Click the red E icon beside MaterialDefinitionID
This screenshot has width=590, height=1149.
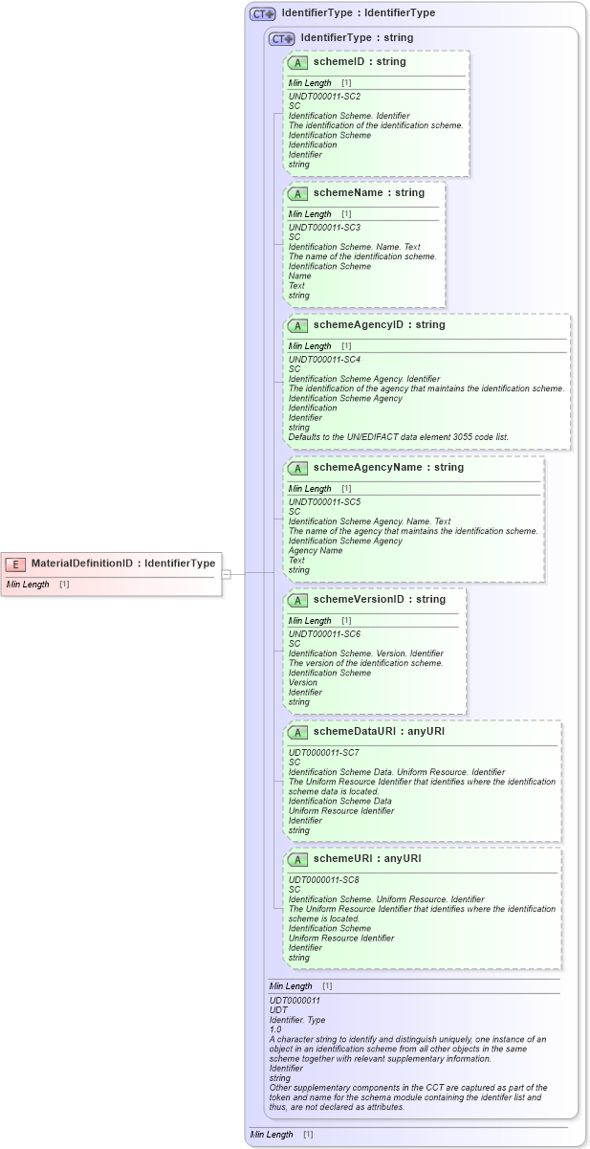coord(15,563)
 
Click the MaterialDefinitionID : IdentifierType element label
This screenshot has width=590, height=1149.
coord(123,563)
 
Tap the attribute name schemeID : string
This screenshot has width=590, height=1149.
coord(359,61)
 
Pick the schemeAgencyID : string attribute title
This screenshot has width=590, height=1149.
coord(379,324)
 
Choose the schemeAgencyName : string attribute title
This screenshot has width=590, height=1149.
coord(388,467)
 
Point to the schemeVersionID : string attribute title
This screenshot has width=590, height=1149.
coord(379,599)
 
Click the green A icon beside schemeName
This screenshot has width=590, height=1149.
coord(298,193)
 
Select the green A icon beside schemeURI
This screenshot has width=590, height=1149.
coord(298,859)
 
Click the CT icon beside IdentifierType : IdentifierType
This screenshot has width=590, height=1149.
coord(262,13)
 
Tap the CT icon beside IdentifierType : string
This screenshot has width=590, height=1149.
coord(282,38)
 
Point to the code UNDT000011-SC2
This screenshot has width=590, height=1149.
coord(324,97)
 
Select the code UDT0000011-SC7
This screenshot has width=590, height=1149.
coord(324,753)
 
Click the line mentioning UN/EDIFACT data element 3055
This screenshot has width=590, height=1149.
coord(398,437)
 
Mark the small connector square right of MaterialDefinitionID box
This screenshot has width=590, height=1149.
coord(227,574)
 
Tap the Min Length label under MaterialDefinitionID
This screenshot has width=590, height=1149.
coord(28,584)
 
